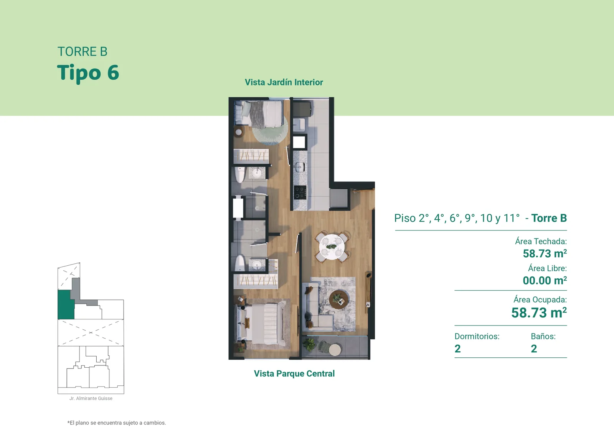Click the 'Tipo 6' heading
[88, 72]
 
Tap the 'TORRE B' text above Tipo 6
[82, 51]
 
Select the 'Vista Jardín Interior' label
[284, 82]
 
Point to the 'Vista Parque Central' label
[294, 373]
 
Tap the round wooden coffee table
[339, 299]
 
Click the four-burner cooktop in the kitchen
[300, 192]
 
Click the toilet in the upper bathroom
[240, 175]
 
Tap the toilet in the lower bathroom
[240, 263]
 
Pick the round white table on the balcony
[335, 350]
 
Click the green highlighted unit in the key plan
[66, 305]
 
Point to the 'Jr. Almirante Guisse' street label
[91, 398]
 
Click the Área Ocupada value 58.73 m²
[539, 313]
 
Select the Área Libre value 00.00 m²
[545, 280]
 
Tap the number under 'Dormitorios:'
[457, 349]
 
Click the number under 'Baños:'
[534, 349]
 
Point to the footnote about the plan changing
[117, 423]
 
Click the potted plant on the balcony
[310, 344]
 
